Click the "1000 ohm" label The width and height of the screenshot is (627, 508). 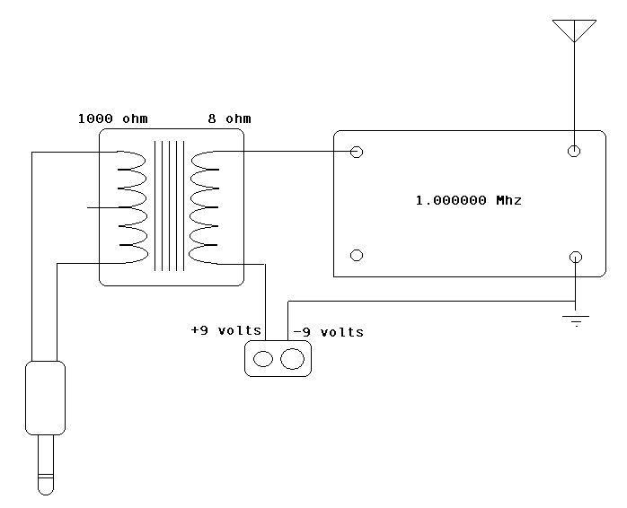pos(112,118)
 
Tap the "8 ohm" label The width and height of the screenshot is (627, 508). pos(229,118)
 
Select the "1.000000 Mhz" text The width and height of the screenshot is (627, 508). pos(467,201)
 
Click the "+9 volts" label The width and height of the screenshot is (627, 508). pos(225,331)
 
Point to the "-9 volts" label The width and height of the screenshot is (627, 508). pos(328,332)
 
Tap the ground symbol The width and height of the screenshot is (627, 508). pos(575,318)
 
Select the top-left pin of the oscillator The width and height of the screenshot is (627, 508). pos(357,152)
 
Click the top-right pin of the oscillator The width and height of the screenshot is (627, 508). pos(575,152)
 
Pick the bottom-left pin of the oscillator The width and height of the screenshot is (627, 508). pos(357,256)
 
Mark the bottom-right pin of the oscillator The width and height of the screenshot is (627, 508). pos(575,257)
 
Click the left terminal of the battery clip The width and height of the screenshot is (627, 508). pos(263,360)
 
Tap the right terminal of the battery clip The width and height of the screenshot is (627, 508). pos(293,360)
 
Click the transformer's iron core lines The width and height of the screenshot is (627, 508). pos(170,206)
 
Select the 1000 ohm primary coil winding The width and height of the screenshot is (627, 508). pos(131,207)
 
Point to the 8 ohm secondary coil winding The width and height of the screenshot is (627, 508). pos(206,207)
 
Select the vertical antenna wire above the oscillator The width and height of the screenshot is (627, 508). pos(575,90)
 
